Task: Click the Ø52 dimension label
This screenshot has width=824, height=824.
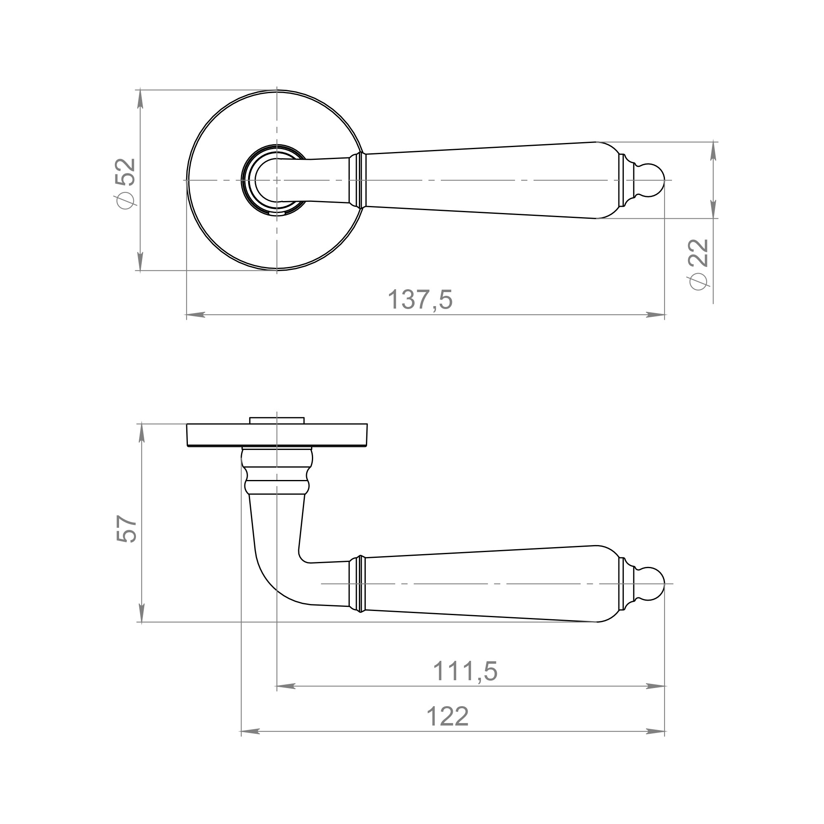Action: (x=125, y=183)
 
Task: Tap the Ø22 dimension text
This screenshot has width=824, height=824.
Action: (x=698, y=264)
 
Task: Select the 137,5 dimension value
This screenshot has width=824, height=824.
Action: (x=420, y=300)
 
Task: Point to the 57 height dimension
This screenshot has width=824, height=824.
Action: (x=126, y=529)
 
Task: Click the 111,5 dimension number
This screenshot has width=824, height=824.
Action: (x=465, y=671)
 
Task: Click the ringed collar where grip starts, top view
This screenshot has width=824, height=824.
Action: (x=357, y=180)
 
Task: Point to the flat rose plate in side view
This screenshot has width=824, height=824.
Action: (x=277, y=435)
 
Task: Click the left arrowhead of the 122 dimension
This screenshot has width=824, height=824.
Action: (x=250, y=731)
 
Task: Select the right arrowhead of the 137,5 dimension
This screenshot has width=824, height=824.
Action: (x=656, y=315)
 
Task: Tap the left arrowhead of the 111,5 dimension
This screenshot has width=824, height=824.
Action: (x=286, y=686)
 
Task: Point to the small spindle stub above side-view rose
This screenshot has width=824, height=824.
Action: (x=277, y=421)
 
